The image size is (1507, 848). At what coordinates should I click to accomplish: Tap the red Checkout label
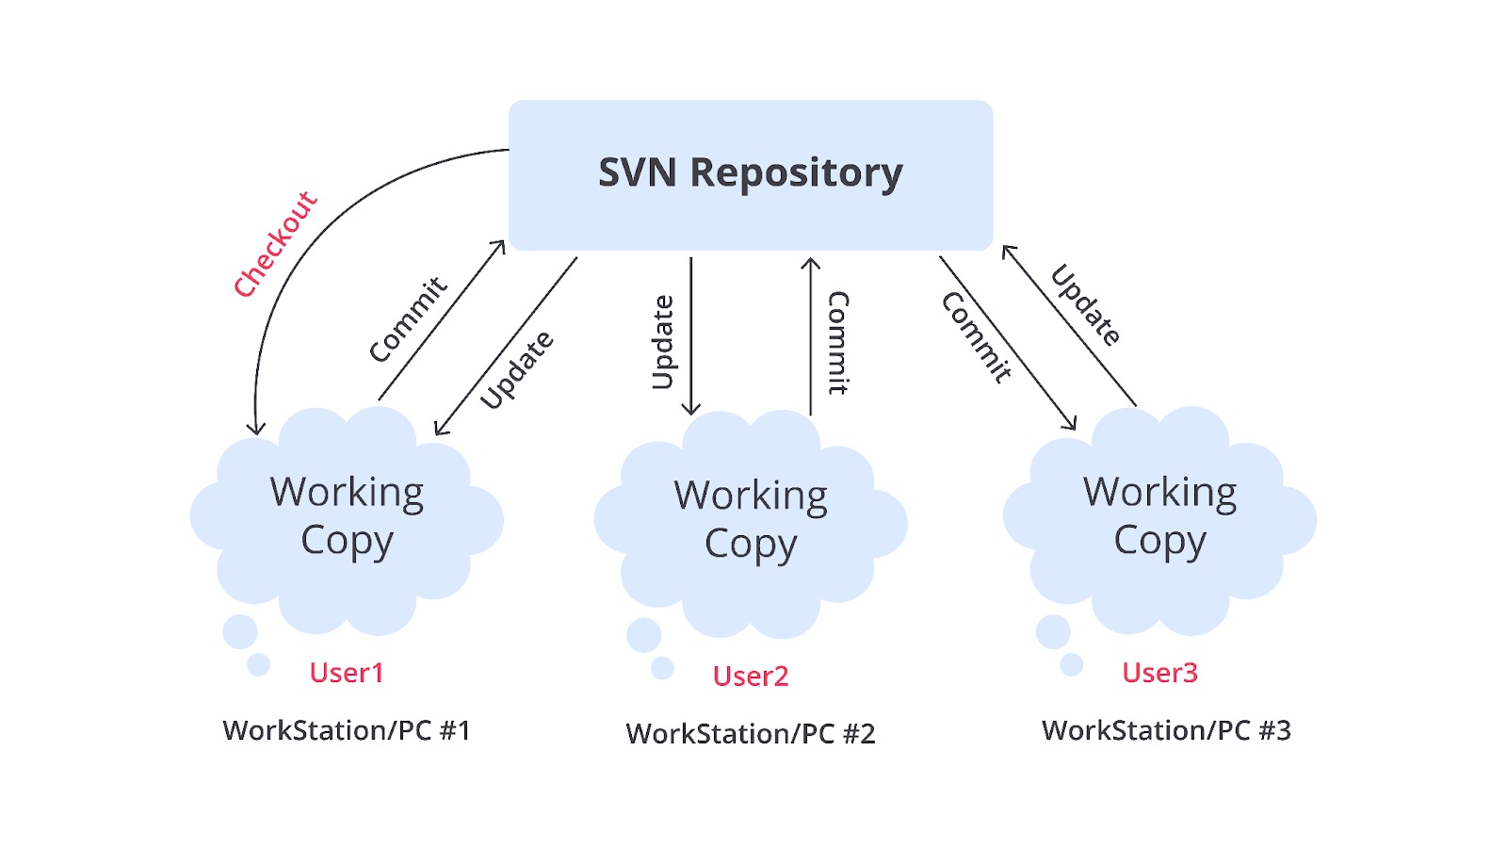pos(276,245)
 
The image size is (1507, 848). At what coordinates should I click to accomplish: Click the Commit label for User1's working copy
pos(408,319)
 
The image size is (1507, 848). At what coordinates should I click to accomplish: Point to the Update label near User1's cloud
pos(516,370)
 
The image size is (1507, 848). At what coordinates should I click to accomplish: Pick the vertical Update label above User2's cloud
pos(663,342)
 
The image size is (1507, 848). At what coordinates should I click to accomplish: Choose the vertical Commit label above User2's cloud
pos(838,342)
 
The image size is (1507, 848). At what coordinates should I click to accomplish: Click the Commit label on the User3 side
pos(977,337)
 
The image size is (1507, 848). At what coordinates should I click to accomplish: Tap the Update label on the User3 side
pos(1086,305)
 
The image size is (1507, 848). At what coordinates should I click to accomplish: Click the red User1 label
pos(347,673)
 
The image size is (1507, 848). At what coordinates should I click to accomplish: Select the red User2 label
pos(751,676)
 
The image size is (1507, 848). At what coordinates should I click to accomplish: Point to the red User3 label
pos(1159,673)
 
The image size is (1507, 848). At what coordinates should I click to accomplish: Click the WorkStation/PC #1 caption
pos(347,730)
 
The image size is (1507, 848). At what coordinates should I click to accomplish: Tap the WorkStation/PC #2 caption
pos(751,733)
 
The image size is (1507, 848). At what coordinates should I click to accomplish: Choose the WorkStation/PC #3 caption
pos(1166,730)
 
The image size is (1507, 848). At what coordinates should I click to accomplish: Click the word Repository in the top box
pos(797,173)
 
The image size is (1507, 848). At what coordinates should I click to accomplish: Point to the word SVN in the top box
pos(638,172)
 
